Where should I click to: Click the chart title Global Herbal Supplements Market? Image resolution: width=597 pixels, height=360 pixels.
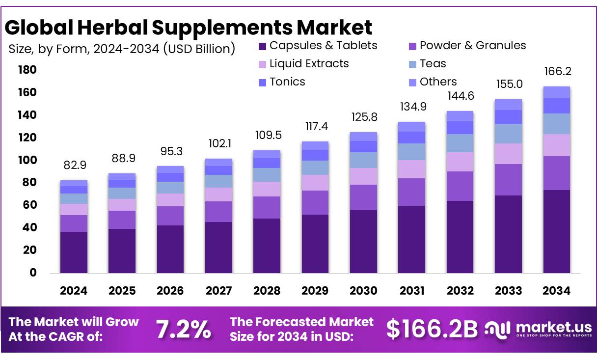click(x=189, y=28)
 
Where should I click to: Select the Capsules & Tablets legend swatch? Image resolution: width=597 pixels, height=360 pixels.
click(x=262, y=46)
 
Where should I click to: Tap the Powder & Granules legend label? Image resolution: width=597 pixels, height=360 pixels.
click(x=472, y=46)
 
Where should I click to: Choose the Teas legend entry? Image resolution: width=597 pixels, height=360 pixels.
click(x=433, y=64)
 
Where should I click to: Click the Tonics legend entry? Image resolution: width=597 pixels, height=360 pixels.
click(x=287, y=82)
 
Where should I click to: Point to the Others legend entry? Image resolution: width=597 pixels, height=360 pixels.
click(x=438, y=82)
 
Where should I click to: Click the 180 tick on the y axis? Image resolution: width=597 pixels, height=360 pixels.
click(x=27, y=70)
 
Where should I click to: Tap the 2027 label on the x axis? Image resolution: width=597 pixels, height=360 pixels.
click(x=218, y=291)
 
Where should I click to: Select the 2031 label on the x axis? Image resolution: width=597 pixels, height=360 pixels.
click(x=411, y=291)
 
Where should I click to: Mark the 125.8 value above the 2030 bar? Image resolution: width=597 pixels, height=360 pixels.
click(x=363, y=118)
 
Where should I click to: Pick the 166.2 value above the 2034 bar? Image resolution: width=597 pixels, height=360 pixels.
click(x=556, y=72)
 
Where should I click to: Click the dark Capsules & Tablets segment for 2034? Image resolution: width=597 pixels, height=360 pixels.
click(x=556, y=231)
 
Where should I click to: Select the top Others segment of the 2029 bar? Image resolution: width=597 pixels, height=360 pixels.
click(x=315, y=145)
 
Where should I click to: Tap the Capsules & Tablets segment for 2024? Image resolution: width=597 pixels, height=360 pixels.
click(x=74, y=252)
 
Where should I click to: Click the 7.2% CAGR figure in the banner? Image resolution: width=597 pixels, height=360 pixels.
click(x=184, y=329)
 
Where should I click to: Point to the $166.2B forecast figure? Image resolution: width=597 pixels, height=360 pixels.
click(x=432, y=329)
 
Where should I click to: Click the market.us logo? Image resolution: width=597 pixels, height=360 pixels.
click(x=538, y=329)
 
